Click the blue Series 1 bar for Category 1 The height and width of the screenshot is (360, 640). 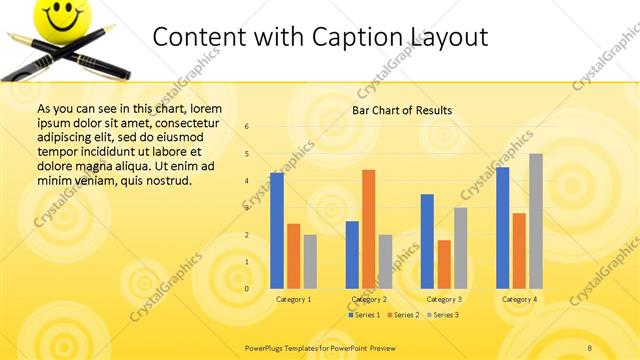(x=277, y=231)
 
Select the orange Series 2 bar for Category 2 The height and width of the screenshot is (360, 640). (x=368, y=229)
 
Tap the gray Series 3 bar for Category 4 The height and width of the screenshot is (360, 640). (x=536, y=221)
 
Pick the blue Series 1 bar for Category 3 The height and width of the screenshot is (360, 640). (x=427, y=241)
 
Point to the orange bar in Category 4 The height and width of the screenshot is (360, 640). (x=519, y=250)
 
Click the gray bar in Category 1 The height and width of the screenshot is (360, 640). (x=310, y=261)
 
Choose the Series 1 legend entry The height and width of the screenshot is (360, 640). (x=364, y=315)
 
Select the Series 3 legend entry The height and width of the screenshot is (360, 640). (x=442, y=315)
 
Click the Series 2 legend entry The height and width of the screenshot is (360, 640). (x=403, y=315)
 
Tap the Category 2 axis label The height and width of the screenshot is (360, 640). (x=369, y=299)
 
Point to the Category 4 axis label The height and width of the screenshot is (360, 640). (x=519, y=299)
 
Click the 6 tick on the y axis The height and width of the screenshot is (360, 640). (x=247, y=126)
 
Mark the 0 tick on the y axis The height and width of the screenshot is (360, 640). (x=247, y=289)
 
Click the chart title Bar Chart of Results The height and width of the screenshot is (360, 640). (x=402, y=110)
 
